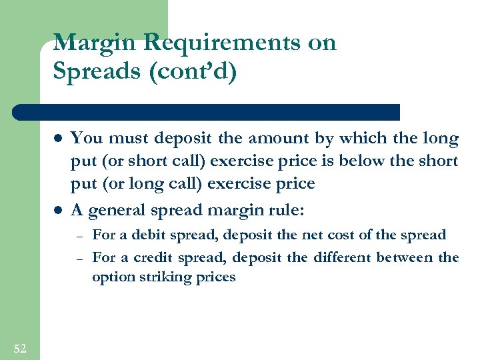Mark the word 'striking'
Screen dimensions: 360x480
(x=164, y=277)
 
